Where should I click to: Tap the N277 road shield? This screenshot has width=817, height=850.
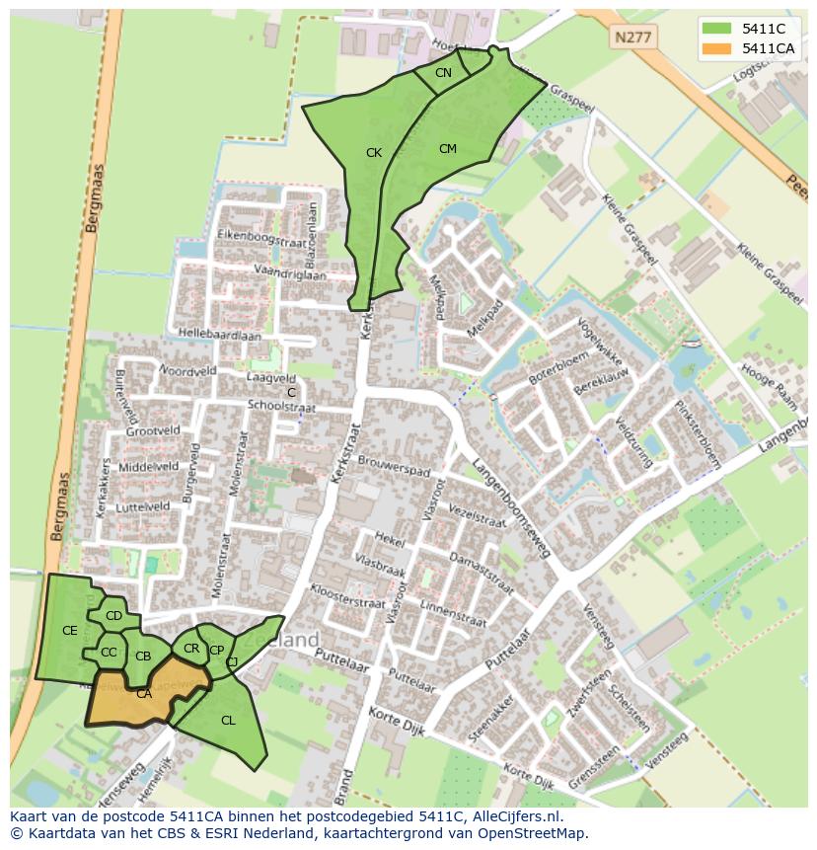(631, 38)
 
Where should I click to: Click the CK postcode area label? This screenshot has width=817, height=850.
(373, 153)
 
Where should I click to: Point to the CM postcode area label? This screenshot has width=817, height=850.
(448, 149)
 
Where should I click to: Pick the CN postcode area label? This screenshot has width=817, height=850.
(443, 73)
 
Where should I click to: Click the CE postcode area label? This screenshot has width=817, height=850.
(69, 630)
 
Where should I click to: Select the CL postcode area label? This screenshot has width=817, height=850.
(228, 721)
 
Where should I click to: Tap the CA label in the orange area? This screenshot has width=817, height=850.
(144, 694)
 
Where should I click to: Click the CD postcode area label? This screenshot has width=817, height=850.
(113, 616)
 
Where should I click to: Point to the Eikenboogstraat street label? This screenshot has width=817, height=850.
(237, 238)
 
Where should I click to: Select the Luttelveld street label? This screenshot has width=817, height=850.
(142, 505)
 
